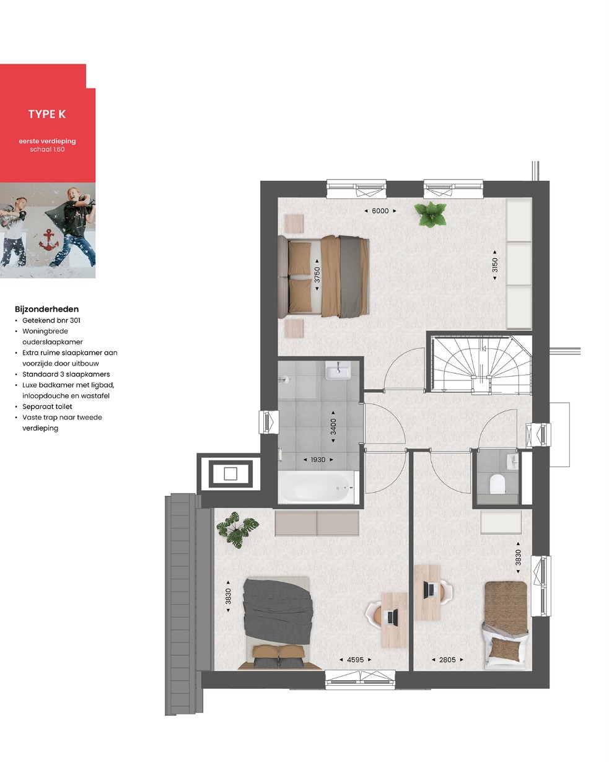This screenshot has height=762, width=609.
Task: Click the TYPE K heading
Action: tap(46, 114)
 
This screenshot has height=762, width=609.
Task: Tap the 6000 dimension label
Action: tap(380, 211)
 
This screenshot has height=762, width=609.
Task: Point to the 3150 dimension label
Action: tap(494, 265)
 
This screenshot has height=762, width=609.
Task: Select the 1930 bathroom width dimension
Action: tap(318, 460)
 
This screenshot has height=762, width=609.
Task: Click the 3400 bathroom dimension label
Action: tap(333, 426)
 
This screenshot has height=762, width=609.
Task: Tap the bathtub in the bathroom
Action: tap(316, 487)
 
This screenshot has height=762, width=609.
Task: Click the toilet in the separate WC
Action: tap(497, 484)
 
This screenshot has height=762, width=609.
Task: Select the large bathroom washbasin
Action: tap(338, 370)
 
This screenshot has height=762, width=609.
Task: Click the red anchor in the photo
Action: tap(49, 240)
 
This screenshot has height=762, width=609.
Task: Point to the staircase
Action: tap(481, 365)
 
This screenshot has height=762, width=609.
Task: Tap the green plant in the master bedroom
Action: tap(431, 214)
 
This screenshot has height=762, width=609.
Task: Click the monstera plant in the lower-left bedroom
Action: tap(237, 530)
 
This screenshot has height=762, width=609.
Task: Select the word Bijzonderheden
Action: tap(46, 309)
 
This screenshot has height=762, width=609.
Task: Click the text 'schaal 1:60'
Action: tap(47, 149)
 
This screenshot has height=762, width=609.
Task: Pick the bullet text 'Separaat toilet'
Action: tap(47, 406)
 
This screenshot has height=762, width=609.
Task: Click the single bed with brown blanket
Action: tap(506, 625)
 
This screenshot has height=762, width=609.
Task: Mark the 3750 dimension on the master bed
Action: tap(317, 274)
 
